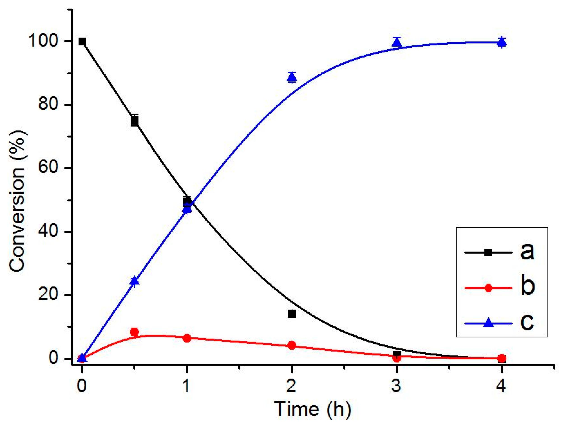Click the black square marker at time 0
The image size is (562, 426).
tap(82, 41)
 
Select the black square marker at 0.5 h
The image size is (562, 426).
tap(135, 121)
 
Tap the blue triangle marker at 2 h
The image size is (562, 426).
tap(292, 77)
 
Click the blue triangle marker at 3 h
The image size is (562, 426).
tap(397, 43)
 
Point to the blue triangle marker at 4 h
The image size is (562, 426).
tap(502, 42)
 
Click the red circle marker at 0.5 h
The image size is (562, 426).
tap(134, 332)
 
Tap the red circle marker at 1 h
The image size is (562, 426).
tap(187, 338)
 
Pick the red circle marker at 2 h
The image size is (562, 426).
tap(292, 345)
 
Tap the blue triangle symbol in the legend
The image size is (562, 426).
tap(488, 323)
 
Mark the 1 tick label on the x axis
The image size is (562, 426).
tap(187, 385)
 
